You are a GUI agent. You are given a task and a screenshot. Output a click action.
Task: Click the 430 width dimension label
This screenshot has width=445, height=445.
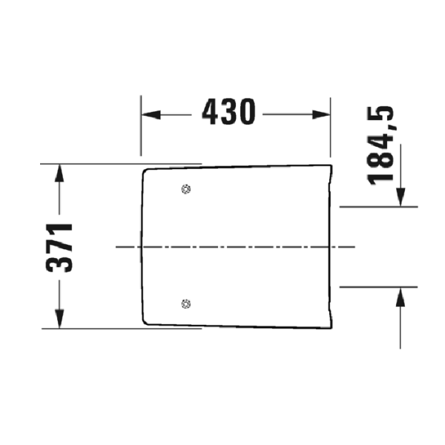click(228, 113)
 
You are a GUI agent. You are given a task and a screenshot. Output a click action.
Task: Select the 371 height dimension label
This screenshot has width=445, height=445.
click(61, 246)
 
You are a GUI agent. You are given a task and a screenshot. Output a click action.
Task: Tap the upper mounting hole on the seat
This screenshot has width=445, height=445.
click(185, 189)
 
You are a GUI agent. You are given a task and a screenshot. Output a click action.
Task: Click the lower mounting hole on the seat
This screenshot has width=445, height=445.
click(185, 303)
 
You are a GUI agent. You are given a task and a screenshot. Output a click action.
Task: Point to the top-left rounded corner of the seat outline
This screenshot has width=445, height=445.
click(145, 172)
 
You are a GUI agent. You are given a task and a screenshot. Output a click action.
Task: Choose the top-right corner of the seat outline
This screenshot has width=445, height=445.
click(330, 164)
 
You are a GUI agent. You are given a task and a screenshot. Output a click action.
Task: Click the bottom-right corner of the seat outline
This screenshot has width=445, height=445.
click(330, 326)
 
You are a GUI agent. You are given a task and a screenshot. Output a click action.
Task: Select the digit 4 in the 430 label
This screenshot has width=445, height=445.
click(210, 113)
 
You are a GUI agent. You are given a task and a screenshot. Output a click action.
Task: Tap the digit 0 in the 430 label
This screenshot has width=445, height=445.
click(247, 113)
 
